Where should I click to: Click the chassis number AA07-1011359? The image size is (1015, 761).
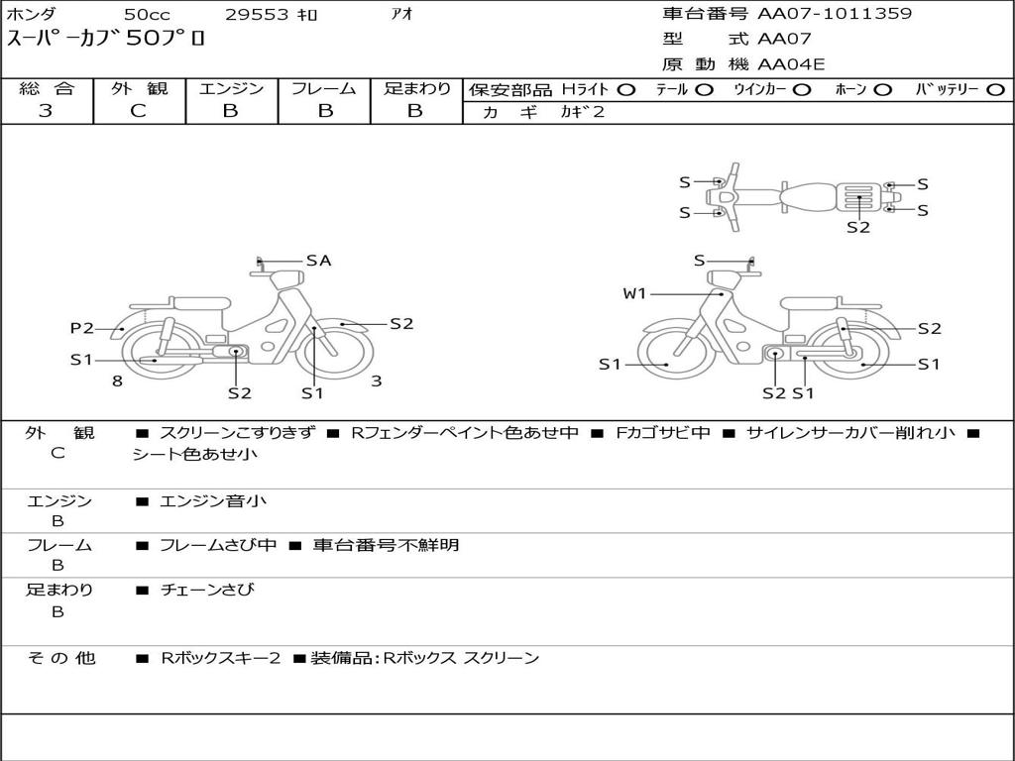click(835, 14)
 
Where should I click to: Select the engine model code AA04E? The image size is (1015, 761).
click(791, 64)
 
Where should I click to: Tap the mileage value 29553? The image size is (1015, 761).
click(257, 14)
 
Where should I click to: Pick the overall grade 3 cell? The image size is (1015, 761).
click(46, 111)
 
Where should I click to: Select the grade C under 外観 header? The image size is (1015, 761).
click(138, 111)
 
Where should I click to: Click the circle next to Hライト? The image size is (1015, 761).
click(626, 90)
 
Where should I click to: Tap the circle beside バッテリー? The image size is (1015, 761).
click(996, 90)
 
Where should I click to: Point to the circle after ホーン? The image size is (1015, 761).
click(883, 90)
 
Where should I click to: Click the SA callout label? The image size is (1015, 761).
click(318, 261)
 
